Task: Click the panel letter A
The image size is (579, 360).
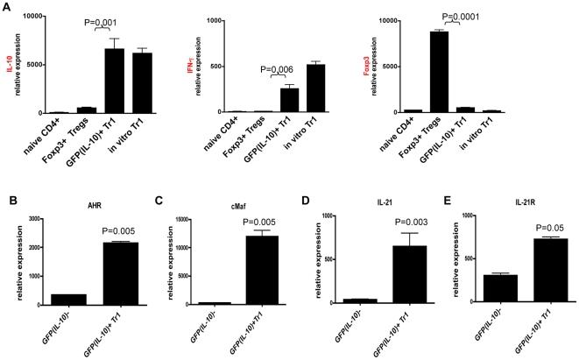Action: coord(7,6)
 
